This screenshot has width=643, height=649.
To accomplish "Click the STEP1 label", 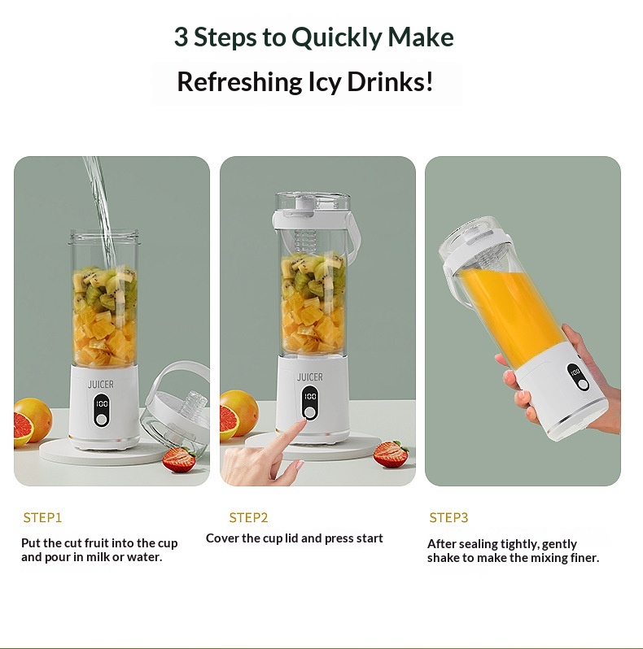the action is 42,517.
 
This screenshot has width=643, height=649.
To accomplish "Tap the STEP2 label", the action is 248,517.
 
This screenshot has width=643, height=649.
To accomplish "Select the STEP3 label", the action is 448,517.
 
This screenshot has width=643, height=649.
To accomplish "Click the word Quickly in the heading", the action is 337,37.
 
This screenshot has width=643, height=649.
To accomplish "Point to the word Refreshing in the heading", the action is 239,81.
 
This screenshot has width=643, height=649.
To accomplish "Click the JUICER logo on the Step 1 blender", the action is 101,385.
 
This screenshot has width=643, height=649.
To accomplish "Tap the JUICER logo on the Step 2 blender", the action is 310,377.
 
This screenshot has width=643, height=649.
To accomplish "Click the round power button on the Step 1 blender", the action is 101,420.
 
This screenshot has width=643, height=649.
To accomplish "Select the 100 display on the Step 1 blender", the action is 102,403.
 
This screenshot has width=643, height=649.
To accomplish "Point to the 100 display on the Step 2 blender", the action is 310,397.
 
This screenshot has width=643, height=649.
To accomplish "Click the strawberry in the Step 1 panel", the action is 179,459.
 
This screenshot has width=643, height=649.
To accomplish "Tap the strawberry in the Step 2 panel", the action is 390,454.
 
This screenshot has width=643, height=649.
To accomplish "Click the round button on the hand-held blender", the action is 583,385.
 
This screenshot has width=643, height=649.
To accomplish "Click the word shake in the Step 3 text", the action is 444,558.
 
